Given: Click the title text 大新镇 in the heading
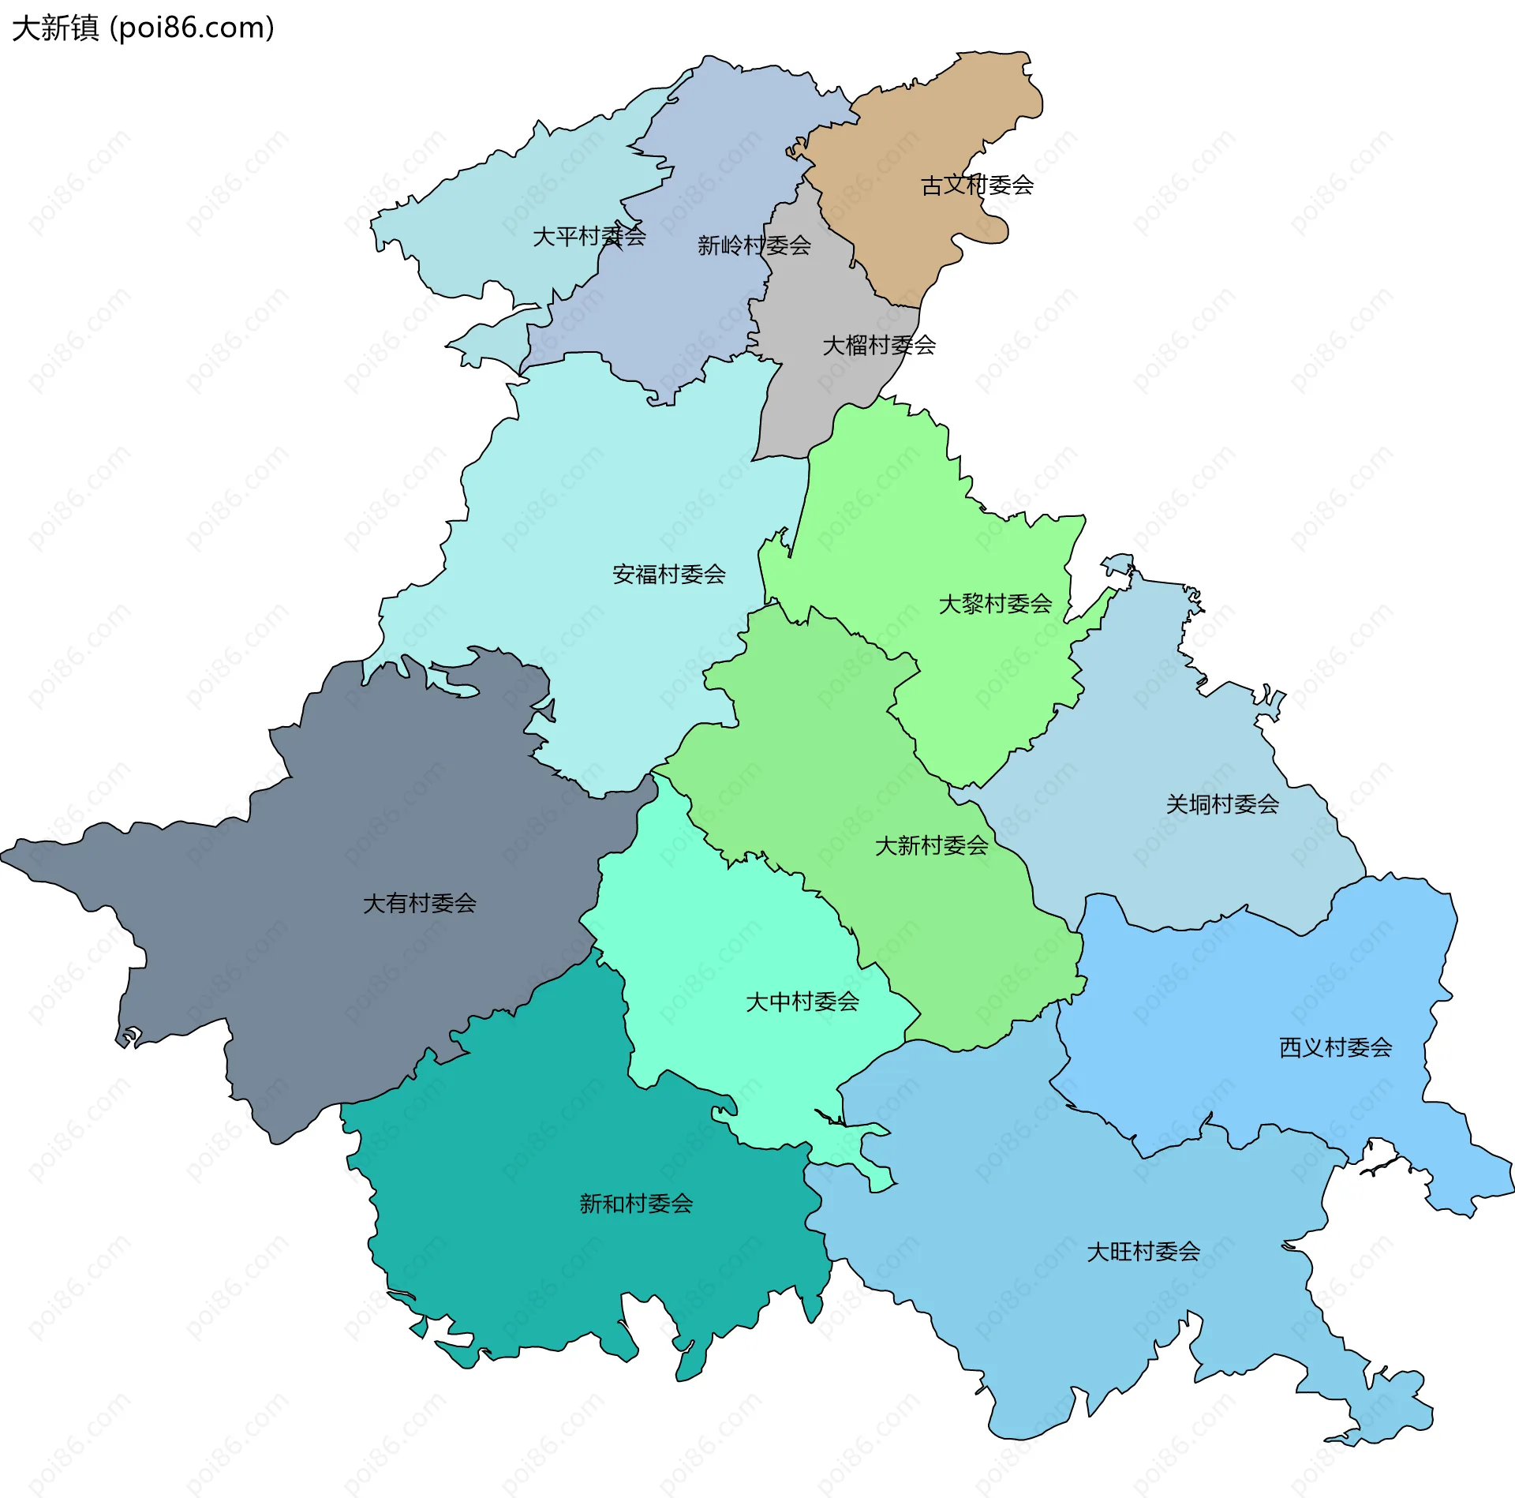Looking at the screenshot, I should (55, 28).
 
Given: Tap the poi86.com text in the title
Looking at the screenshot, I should (192, 28).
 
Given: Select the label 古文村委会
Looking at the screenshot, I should (977, 185).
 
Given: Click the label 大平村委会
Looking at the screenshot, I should (589, 236).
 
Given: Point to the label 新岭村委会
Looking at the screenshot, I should (754, 245).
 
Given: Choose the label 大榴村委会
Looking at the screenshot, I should (879, 345).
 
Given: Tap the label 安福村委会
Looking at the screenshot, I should (668, 574).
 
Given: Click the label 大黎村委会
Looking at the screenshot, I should (995, 604).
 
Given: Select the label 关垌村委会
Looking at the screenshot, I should (1222, 804).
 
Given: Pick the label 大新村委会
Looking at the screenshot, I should (931, 845).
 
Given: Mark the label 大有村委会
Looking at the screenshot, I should (419, 903).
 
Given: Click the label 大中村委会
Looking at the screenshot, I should (802, 1002).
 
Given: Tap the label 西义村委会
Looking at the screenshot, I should (1335, 1047).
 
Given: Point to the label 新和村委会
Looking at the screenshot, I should (636, 1203).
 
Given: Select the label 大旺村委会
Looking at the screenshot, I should (1143, 1251).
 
